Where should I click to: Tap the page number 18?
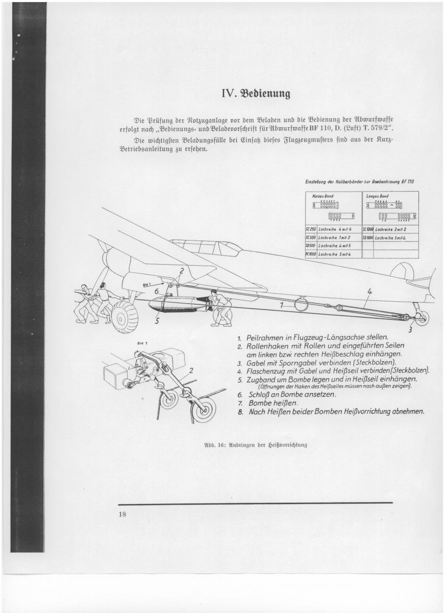point(122,514)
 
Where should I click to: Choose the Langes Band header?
point(378,196)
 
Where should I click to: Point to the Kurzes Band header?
point(327,196)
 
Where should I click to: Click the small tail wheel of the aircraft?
point(422,318)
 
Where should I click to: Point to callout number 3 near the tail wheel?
point(410,329)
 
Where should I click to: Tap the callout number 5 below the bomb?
point(157,321)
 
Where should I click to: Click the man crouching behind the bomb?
point(221,308)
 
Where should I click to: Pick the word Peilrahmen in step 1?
point(266,338)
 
